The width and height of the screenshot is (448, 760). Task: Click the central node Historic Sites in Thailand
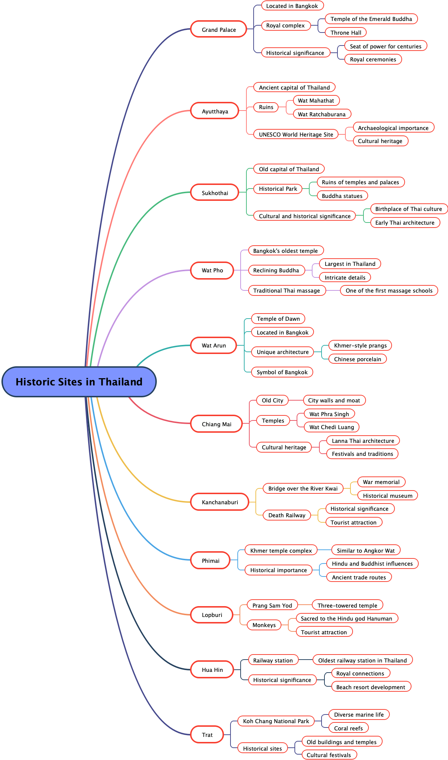(x=79, y=382)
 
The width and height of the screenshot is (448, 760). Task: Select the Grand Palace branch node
(x=219, y=29)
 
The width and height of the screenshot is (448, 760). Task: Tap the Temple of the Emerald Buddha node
(x=371, y=19)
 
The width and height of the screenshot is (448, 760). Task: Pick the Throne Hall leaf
(x=346, y=33)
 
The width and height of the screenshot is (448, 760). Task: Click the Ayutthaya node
(x=215, y=111)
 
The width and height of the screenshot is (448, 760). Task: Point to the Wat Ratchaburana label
(x=322, y=114)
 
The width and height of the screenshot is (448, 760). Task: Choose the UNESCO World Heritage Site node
(x=296, y=134)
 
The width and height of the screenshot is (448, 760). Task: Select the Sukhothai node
(x=215, y=193)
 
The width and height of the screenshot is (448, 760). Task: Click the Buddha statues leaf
(x=342, y=196)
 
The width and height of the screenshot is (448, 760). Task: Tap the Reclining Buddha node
(x=276, y=270)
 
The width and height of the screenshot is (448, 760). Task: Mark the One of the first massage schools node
(x=389, y=290)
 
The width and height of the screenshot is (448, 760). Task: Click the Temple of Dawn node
(x=278, y=319)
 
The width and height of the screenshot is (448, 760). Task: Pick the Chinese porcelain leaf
(x=357, y=359)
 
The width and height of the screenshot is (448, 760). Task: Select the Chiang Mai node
(x=216, y=424)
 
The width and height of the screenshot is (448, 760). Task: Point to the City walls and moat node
(x=334, y=400)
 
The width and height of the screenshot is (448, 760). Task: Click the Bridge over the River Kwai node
(x=303, y=488)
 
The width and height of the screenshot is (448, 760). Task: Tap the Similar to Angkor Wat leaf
(x=366, y=550)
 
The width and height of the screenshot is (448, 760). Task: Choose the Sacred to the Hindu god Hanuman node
(x=346, y=618)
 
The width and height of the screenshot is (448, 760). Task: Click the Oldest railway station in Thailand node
(x=362, y=660)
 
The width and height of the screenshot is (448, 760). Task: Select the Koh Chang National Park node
(x=276, y=721)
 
